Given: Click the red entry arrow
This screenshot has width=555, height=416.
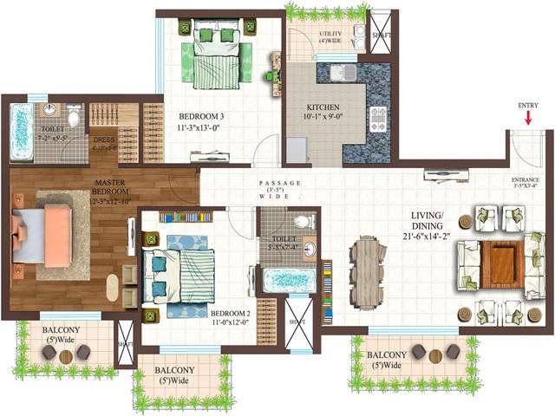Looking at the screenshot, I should (x=526, y=119).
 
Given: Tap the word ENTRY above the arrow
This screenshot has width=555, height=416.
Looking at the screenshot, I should (x=527, y=105).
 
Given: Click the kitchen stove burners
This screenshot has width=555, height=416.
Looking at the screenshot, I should (x=379, y=120).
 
